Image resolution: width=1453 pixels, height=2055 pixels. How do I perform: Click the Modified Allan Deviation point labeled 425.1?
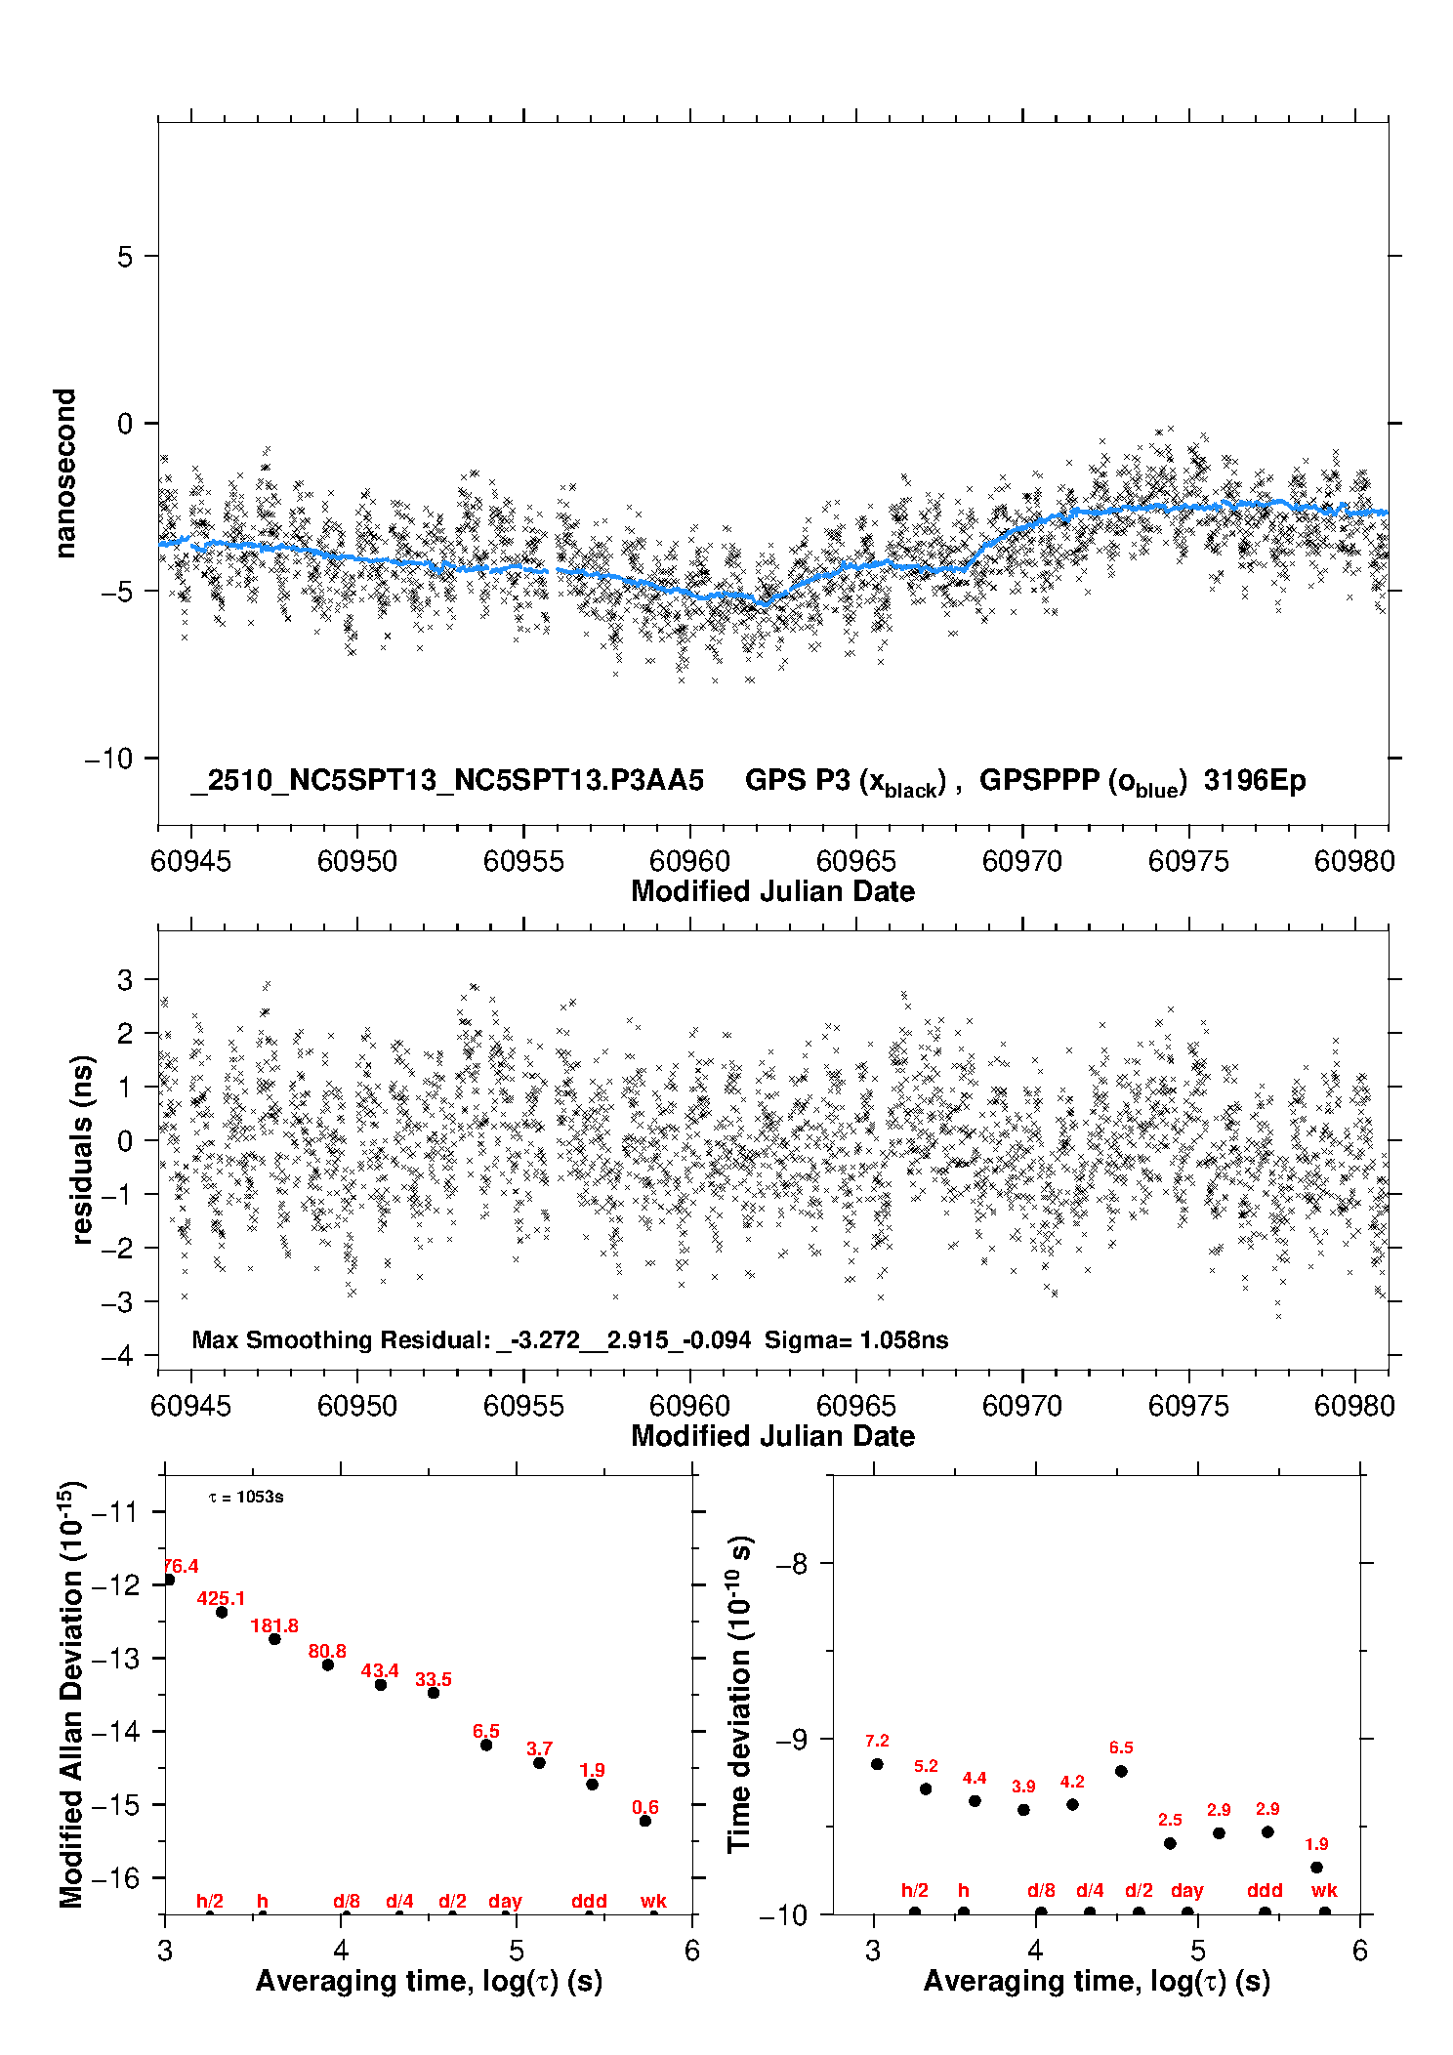pyautogui.click(x=222, y=1612)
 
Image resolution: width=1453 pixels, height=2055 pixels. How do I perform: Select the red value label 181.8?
pyautogui.click(x=274, y=1625)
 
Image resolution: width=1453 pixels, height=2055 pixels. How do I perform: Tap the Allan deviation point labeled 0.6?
pyautogui.click(x=645, y=1821)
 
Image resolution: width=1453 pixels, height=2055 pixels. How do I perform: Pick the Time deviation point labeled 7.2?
pyautogui.click(x=877, y=1764)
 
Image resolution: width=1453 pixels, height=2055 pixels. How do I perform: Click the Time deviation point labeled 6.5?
pyautogui.click(x=1121, y=1771)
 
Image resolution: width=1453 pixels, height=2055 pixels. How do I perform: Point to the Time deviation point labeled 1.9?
pyautogui.click(x=1316, y=1868)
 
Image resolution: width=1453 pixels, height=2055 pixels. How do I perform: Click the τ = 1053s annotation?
pyautogui.click(x=246, y=1498)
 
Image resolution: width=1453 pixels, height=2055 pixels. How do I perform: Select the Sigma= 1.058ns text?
pyautogui.click(x=856, y=1340)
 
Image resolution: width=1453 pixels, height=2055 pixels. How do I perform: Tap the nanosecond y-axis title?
pyautogui.click(x=65, y=473)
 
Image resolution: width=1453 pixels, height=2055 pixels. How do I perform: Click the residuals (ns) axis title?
pyautogui.click(x=83, y=1149)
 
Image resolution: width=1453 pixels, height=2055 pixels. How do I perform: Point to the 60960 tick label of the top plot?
pyautogui.click(x=689, y=861)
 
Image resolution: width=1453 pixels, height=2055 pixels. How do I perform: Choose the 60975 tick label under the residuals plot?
pyautogui.click(x=1188, y=1406)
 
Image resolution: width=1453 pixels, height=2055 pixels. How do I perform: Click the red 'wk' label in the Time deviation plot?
pyautogui.click(x=1324, y=1891)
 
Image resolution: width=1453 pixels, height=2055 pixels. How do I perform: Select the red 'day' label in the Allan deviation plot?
pyautogui.click(x=505, y=1901)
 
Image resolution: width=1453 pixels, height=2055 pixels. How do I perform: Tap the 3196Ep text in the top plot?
pyautogui.click(x=1255, y=781)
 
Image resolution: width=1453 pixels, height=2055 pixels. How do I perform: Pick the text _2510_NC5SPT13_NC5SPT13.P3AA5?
pyautogui.click(x=447, y=781)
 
